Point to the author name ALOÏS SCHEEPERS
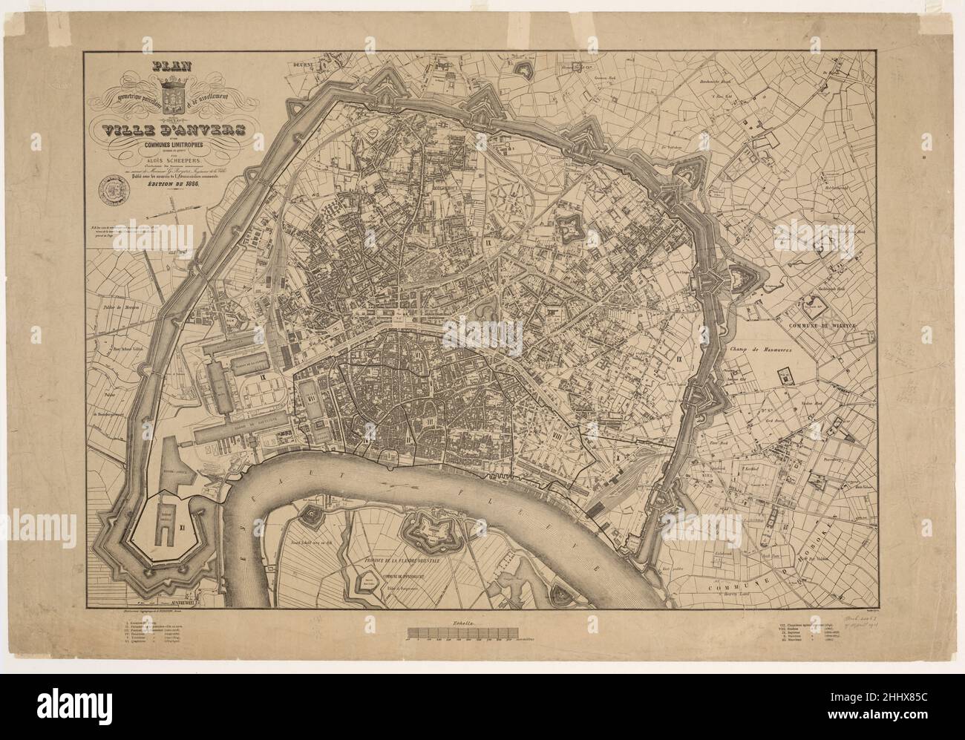click(171, 168)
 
